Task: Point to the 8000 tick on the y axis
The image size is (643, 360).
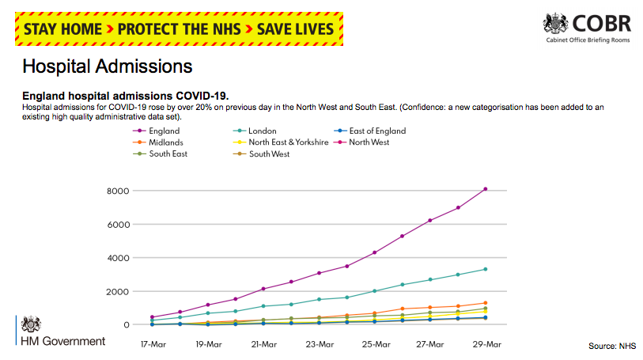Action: pyautogui.click(x=118, y=190)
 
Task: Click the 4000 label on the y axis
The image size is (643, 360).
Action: pyautogui.click(x=118, y=257)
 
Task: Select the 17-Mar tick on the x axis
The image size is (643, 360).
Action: pyautogui.click(x=152, y=344)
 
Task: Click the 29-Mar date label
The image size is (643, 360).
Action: pyautogui.click(x=486, y=344)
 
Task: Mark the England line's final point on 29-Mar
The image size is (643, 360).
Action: pyautogui.click(x=486, y=189)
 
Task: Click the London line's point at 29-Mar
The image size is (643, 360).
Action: pyautogui.click(x=486, y=269)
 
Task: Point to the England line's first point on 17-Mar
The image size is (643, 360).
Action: pyautogui.click(x=152, y=317)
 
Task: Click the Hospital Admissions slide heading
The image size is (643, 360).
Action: pyautogui.click(x=107, y=65)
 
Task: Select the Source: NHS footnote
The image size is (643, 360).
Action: pyautogui.click(x=612, y=347)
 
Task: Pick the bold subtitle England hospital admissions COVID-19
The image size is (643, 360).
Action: pyautogui.click(x=126, y=96)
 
